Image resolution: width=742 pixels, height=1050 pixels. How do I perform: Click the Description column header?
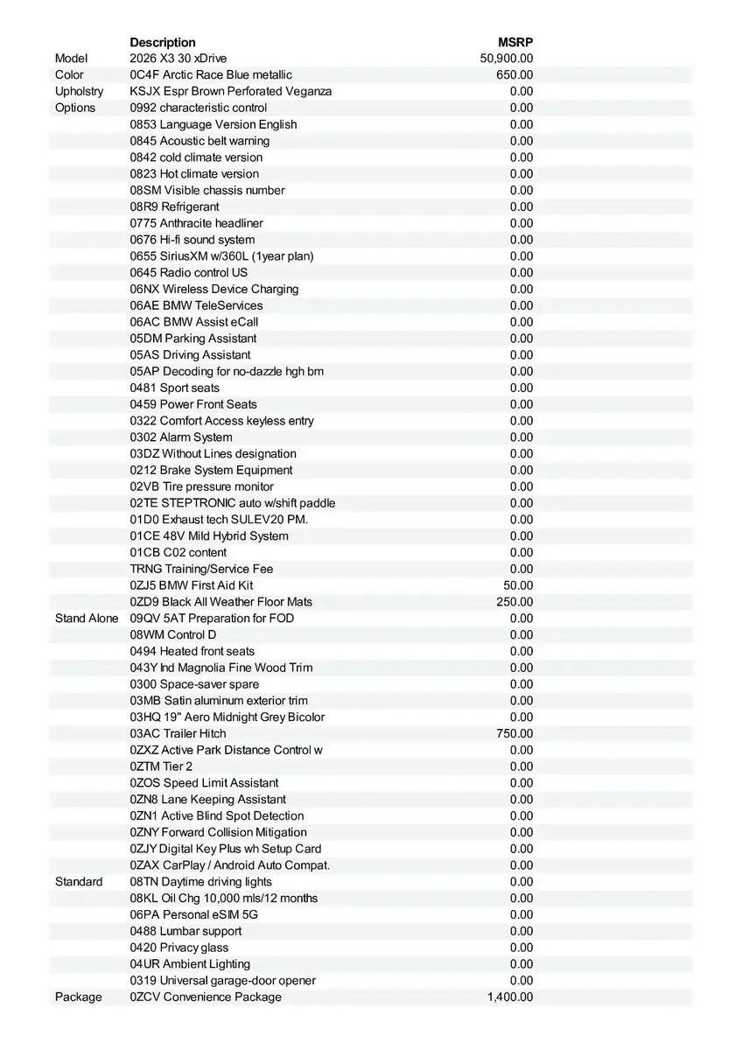163,42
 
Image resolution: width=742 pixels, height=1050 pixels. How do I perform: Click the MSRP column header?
515,42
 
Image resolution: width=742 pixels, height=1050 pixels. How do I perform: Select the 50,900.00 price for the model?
507,59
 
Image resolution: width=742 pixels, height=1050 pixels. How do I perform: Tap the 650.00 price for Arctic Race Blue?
514,75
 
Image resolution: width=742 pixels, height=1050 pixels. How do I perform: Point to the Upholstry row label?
79,91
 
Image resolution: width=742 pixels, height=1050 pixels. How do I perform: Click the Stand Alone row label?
86,619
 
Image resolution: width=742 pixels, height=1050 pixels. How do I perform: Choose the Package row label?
78,997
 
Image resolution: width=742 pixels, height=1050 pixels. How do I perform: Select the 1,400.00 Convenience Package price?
509,997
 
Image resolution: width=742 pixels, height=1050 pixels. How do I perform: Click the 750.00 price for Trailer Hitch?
514,734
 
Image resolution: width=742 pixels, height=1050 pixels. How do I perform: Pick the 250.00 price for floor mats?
514,602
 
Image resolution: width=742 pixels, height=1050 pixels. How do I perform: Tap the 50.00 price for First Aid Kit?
518,585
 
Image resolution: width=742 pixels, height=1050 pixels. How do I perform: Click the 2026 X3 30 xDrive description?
178,59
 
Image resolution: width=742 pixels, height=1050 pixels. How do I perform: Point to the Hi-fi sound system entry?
192,240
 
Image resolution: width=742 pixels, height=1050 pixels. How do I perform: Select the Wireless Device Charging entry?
214,289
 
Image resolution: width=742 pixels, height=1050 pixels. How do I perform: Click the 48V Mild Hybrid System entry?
209,536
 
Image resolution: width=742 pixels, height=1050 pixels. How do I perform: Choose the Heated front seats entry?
192,651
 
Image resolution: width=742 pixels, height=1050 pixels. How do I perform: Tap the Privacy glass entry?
179,948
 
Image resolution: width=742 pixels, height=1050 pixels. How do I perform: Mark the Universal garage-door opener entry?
223,981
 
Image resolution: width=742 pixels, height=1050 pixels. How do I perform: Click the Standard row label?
79,882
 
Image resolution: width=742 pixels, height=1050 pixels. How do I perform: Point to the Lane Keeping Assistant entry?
208,800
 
